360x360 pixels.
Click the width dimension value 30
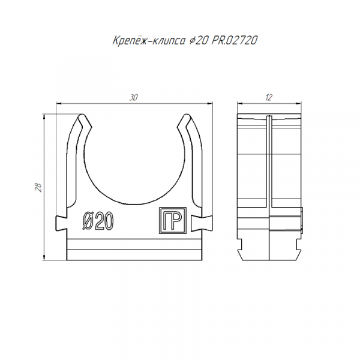[x=133, y=98]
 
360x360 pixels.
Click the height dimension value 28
[x=38, y=187]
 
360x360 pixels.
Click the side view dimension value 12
[x=269, y=98]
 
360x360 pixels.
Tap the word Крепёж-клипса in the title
[x=149, y=41]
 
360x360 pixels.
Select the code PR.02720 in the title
[x=234, y=41]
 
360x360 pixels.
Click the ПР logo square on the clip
[x=173, y=220]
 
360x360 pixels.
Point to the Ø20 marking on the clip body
[x=98, y=221]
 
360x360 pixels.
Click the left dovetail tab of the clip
[x=61, y=223]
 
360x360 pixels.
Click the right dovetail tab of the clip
[x=202, y=223]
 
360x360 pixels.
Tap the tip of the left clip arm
[x=81, y=115]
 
